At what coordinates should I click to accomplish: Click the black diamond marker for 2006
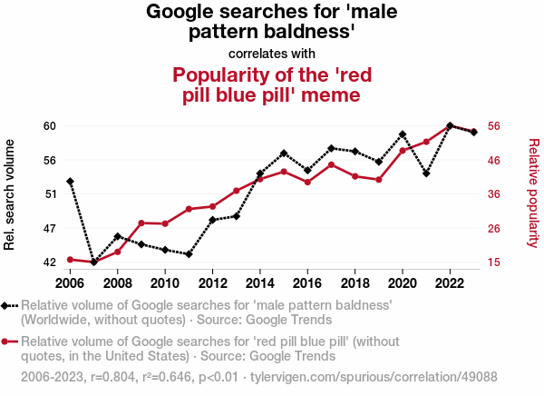[x=70, y=182]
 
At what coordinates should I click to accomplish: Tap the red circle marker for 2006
[x=70, y=260]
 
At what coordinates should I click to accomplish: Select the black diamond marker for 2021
[x=426, y=173]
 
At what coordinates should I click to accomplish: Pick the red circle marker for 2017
[x=332, y=164]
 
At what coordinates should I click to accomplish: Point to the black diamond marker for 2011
[x=189, y=254]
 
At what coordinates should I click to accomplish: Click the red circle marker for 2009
[x=141, y=223]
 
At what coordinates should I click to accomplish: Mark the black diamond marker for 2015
[x=284, y=153]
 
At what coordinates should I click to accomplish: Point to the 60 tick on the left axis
[x=49, y=125]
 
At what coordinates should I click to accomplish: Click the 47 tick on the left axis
[x=49, y=228]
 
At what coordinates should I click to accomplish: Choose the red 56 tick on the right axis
[x=496, y=125]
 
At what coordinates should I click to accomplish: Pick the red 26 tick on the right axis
[x=496, y=228]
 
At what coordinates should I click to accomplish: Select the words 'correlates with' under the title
[x=272, y=54]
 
